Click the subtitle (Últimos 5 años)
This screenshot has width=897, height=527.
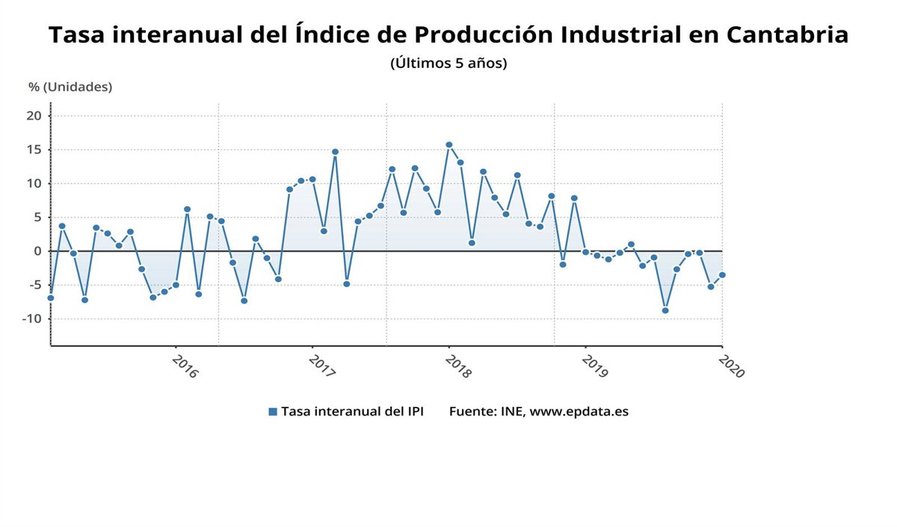pyautogui.click(x=449, y=64)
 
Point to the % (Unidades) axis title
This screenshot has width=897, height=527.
pyautogui.click(x=70, y=87)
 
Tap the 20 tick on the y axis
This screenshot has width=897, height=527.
pyautogui.click(x=34, y=115)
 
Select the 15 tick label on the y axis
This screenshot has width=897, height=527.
pyautogui.click(x=34, y=150)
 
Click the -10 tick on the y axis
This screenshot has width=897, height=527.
pyautogui.click(x=31, y=318)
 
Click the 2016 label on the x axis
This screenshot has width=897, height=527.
pyautogui.click(x=185, y=366)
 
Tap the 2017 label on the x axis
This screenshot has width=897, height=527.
pyautogui.click(x=321, y=366)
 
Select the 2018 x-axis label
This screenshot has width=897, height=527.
pyautogui.click(x=458, y=366)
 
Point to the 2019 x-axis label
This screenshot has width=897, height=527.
pyautogui.click(x=595, y=366)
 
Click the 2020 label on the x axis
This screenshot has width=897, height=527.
pyautogui.click(x=731, y=366)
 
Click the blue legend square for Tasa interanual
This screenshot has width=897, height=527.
pyautogui.click(x=273, y=412)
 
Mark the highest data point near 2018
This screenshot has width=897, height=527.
pyautogui.click(x=449, y=145)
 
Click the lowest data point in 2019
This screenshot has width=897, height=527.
pyautogui.click(x=665, y=310)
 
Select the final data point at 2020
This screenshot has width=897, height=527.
pyautogui.click(x=722, y=275)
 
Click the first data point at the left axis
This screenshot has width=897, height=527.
pyautogui.click(x=50, y=298)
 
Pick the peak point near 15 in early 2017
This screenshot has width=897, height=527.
pyautogui.click(x=335, y=152)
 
